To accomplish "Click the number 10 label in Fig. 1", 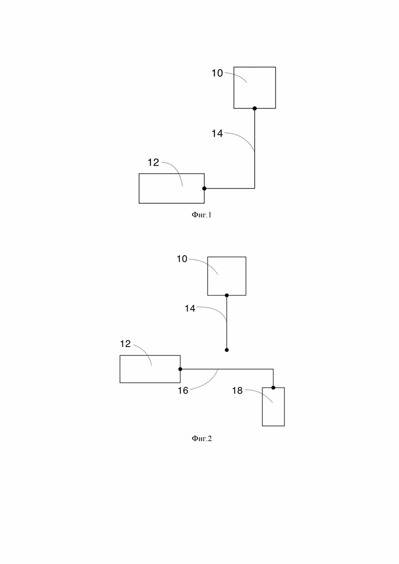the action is tap(217, 73).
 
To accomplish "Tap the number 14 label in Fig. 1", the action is tap(217, 133).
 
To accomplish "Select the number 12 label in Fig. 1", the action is tap(153, 163).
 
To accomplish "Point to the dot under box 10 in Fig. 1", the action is tap(255, 108).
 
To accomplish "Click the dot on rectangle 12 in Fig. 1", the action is tap(204, 189).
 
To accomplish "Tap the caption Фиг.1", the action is tap(202, 215).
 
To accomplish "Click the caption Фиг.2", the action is tap(202, 438).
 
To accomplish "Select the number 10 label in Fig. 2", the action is tap(182, 259).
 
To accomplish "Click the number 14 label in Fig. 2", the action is tap(190, 309).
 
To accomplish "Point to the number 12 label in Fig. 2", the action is tap(125, 344).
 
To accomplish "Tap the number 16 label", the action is tap(183, 391).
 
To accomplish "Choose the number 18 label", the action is tap(237, 391).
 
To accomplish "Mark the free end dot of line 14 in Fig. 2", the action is tap(227, 350).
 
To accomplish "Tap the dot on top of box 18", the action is tap(274, 388).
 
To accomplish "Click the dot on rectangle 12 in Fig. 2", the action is tap(180, 369).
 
